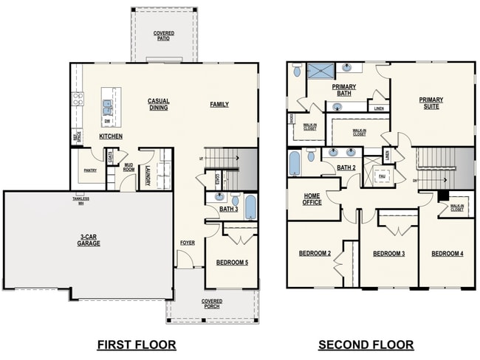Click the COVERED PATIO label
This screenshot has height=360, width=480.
[164, 35]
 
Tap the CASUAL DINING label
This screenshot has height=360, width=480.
[158, 104]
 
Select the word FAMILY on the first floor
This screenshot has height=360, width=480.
[219, 104]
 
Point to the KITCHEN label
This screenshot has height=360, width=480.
[111, 136]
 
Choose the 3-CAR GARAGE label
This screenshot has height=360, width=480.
[89, 240]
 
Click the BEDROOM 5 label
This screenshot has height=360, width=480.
[231, 262]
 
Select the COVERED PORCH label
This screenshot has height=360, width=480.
[212, 304]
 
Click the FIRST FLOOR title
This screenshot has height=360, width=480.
[137, 345]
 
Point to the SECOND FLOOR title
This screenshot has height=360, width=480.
[366, 345]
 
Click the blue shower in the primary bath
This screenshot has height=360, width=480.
[321, 71]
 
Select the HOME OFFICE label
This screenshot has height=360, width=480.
[312, 199]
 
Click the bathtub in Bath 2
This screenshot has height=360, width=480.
[295, 162]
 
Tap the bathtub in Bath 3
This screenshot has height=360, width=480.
[250, 207]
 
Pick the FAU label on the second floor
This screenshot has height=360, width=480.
[382, 176]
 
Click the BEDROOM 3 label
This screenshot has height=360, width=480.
[388, 254]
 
